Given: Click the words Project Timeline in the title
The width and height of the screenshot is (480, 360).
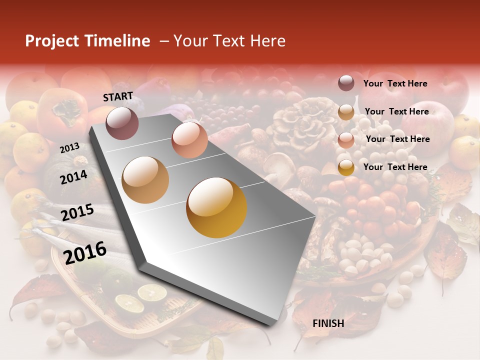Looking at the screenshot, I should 87,41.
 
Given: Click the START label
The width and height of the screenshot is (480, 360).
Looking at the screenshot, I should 118,96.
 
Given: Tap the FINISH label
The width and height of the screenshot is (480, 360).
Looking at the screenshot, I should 328,323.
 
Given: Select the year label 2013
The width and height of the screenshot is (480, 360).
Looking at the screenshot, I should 69,147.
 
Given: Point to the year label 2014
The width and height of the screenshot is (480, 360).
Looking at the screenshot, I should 73,177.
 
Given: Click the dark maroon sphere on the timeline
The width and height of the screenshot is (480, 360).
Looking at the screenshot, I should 122,123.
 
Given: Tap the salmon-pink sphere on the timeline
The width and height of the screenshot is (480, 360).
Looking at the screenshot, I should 189,139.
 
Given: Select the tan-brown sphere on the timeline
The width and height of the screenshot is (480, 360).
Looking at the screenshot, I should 145,179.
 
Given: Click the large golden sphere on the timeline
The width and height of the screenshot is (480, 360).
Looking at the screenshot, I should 216,207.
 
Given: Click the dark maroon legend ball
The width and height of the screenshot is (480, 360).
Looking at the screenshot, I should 346,83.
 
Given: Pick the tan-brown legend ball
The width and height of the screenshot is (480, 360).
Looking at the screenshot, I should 346,112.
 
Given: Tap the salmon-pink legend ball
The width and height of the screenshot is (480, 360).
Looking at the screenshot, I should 346,140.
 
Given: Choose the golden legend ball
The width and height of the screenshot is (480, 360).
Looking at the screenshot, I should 346,167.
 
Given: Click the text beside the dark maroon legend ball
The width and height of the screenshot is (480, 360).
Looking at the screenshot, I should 395,83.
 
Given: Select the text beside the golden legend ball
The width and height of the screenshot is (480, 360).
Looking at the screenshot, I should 395,167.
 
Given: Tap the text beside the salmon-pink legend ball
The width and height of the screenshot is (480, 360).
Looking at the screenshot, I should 397,139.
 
